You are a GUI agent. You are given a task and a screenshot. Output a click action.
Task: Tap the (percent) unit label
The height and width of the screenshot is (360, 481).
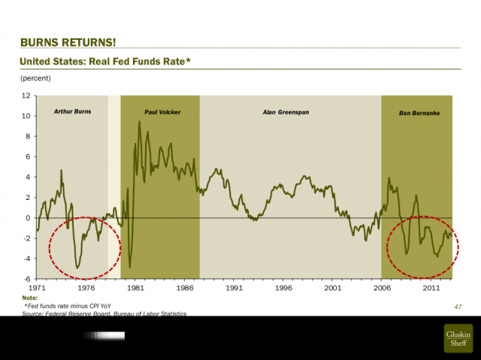pyautogui.click(x=36, y=77)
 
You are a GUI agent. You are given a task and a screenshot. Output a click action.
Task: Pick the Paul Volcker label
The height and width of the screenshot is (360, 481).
pyautogui.click(x=162, y=112)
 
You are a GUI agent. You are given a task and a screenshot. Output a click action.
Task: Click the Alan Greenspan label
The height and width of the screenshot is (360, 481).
pyautogui.click(x=286, y=112)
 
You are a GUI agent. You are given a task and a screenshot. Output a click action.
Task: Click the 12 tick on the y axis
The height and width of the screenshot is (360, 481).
pyautogui.click(x=26, y=96)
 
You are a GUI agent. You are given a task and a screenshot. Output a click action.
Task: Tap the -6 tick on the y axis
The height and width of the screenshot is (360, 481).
pyautogui.click(x=26, y=279)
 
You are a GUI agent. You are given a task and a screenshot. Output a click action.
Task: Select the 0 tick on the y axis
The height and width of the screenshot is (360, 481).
pyautogui.click(x=27, y=218)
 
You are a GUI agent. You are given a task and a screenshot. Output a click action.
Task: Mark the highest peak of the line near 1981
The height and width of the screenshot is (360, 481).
pyautogui.click(x=139, y=120)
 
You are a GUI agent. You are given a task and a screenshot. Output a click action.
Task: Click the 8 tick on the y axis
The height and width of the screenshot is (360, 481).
pyautogui.click(x=27, y=137)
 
